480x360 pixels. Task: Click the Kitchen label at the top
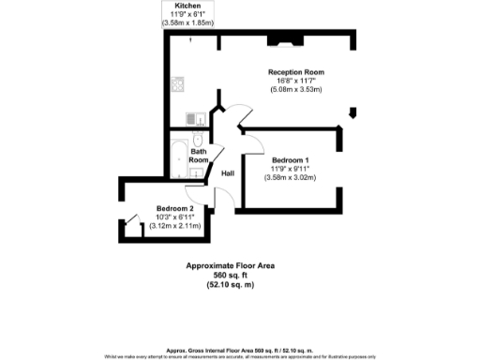pyautogui.click(x=187, y=6)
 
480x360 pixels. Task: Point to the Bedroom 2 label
pyautogui.click(x=175, y=207)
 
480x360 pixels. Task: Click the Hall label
pyautogui.click(x=227, y=173)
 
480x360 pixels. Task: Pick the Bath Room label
pyautogui.click(x=199, y=156)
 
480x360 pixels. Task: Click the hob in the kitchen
pyautogui.click(x=177, y=84)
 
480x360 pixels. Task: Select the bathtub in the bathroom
pyautogui.click(x=178, y=157)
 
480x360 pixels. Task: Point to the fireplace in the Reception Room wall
pyautogui.click(x=280, y=39)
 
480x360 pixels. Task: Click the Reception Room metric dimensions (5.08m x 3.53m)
pyautogui.click(x=294, y=90)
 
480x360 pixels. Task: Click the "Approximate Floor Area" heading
pyautogui.click(x=231, y=266)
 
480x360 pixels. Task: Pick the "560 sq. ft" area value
pyautogui.click(x=231, y=276)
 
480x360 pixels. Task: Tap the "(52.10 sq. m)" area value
pyautogui.click(x=231, y=285)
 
